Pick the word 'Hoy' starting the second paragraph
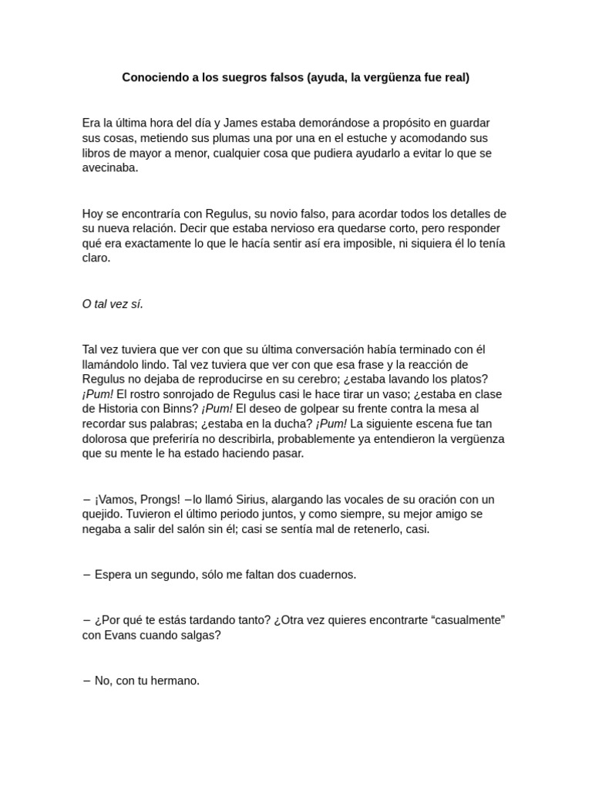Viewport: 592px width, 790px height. click(92, 214)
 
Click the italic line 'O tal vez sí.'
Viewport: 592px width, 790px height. click(113, 304)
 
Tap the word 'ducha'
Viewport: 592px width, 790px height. click(294, 424)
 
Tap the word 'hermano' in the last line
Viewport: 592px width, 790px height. click(177, 680)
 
